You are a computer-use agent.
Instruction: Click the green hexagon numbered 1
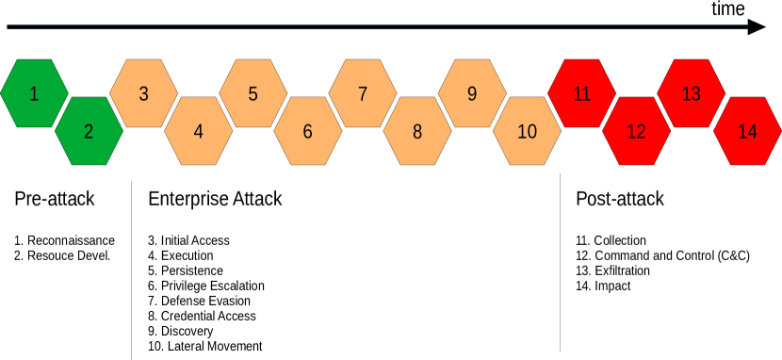coord(34,93)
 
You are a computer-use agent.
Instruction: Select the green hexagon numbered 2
coord(89,131)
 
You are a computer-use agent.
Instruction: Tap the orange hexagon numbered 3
coord(143,93)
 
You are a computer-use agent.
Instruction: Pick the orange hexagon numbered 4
coord(198,131)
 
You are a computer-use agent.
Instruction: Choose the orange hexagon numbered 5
coord(253,93)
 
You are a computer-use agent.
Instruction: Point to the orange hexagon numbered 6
coord(307,131)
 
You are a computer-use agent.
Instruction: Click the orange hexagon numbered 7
coord(363,93)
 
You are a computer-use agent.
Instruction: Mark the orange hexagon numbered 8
coord(417,131)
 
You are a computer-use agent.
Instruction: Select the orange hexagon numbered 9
coord(472,93)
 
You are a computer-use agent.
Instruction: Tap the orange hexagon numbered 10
coord(527,131)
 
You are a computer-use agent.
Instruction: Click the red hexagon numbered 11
coord(581,93)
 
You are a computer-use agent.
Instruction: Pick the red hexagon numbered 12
coord(636,131)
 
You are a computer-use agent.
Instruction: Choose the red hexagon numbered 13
coord(691,93)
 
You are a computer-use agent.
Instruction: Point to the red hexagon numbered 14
coord(747,131)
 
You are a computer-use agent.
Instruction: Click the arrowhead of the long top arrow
coord(758,27)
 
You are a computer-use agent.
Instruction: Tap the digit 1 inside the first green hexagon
coord(34,93)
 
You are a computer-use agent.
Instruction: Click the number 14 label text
coord(747,132)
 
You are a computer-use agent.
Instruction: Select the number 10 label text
coord(527,132)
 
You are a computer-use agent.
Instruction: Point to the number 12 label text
coord(636,132)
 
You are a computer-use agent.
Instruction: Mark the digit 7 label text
coord(363,93)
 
